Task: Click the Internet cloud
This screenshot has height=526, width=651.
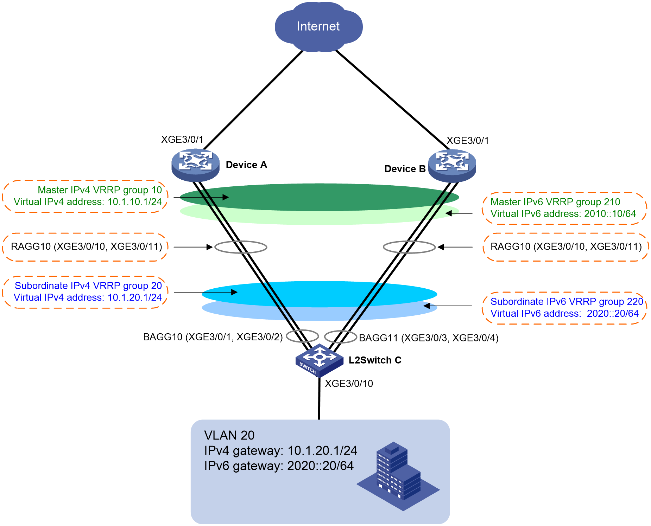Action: point(318,27)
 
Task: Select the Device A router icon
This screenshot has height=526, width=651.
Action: point(195,165)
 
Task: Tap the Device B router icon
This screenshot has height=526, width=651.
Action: point(452,166)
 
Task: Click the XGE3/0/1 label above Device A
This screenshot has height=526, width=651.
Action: point(182,140)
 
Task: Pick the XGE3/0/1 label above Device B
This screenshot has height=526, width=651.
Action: point(468,141)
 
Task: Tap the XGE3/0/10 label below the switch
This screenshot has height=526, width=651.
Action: point(349,384)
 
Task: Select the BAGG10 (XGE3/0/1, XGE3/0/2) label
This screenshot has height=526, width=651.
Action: point(213,337)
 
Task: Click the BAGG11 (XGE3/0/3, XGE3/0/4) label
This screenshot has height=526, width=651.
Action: point(429,338)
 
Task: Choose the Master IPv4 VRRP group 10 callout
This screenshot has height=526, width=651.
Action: point(85,196)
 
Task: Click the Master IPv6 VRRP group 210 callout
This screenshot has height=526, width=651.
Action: point(564,208)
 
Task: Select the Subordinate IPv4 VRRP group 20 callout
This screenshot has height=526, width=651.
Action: point(85,292)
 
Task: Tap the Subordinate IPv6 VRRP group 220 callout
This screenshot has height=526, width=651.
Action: point(564,308)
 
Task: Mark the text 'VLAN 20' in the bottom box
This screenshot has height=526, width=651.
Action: point(229,435)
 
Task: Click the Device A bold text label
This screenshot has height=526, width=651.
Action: point(246,165)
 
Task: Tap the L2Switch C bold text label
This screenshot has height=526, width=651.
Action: point(375,360)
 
